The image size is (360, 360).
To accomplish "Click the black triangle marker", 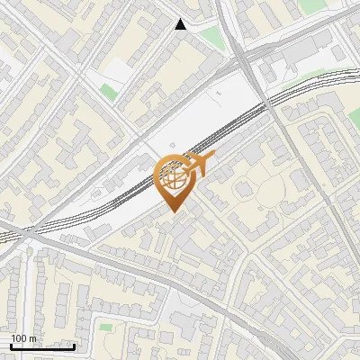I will [181, 24].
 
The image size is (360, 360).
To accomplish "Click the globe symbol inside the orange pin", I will [173, 177].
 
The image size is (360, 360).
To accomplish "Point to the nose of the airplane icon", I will [214, 157].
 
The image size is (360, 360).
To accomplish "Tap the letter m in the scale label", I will [32, 338].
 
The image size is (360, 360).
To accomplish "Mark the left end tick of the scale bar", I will [11, 346].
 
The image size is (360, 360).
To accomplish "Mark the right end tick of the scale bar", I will [74, 346].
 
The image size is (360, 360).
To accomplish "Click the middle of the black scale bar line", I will [42, 346].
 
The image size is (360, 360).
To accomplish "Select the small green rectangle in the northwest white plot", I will [109, 91].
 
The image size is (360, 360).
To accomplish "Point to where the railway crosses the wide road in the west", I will [27, 229].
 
